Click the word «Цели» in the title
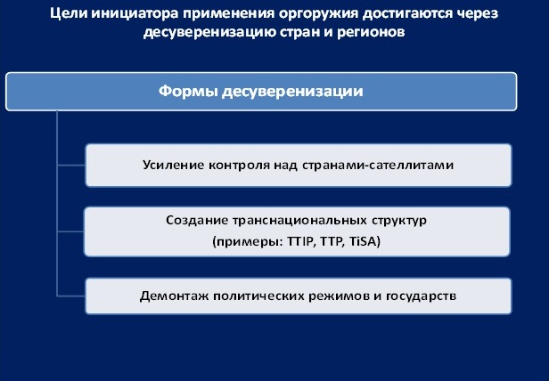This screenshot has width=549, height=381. click(69, 14)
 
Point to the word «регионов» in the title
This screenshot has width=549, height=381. click(371, 33)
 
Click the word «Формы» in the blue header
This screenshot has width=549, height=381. click(188, 92)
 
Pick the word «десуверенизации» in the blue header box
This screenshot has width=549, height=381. click(292, 92)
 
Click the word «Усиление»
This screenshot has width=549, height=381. click(174, 165)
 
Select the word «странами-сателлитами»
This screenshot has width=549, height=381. click(378, 165)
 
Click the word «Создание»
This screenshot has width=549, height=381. click(197, 221)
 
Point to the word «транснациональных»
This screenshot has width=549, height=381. click(299, 221)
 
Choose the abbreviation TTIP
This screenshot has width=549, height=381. click(299, 242)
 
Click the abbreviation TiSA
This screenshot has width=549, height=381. click(365, 242)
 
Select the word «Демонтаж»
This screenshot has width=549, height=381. click(174, 296)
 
